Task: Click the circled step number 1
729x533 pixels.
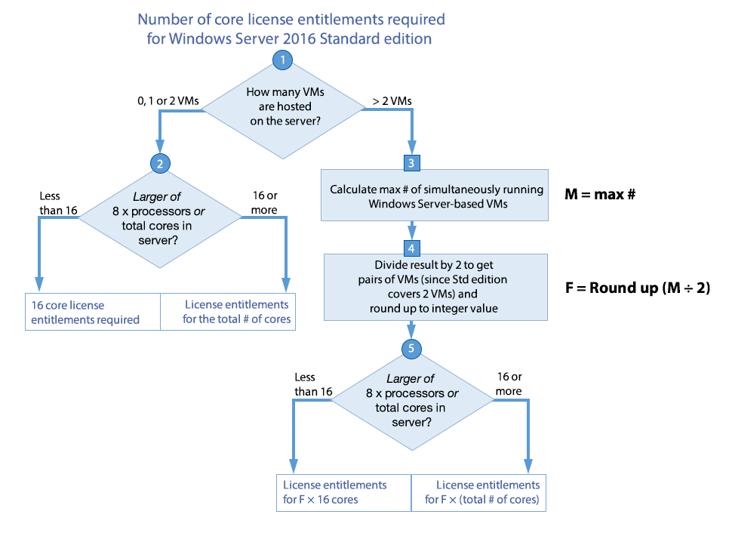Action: [282, 61]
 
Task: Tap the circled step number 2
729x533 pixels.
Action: [159, 163]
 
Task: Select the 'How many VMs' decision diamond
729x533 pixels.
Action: [284, 107]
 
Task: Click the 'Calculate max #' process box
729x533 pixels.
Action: [435, 196]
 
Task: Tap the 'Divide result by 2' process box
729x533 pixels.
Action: [435, 287]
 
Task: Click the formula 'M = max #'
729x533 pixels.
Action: [601, 194]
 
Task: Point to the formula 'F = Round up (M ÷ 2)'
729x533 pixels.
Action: [638, 288]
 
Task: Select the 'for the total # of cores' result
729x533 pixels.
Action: [227, 312]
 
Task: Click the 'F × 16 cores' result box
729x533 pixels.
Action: [344, 492]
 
